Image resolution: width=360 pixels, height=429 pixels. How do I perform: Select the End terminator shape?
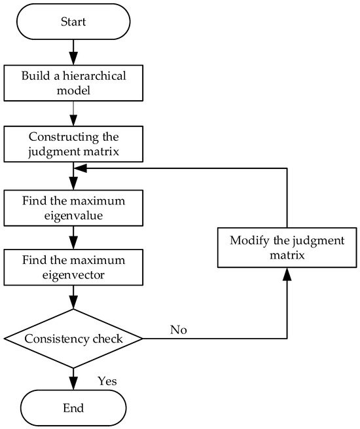coord(73,407)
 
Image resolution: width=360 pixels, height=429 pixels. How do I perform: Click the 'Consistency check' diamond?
coord(73,339)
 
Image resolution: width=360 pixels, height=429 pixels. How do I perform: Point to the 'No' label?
coord(178,330)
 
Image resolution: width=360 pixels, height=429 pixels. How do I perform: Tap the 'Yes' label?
coord(107,381)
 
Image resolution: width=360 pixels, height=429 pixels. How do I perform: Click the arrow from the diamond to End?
coord(73,379)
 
